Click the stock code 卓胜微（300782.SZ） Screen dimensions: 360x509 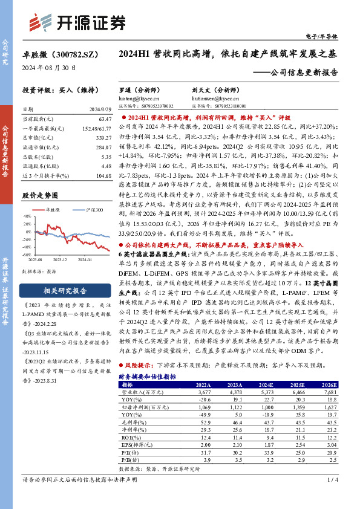(57, 54)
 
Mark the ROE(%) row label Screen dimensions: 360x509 (131, 436)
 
